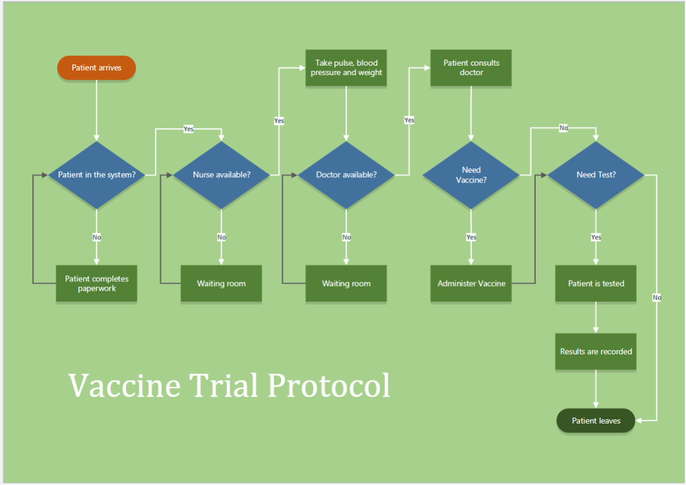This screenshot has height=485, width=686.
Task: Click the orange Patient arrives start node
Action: pos(96,68)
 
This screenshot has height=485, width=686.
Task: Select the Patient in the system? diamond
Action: pos(96,175)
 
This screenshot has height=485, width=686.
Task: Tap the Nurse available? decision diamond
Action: pos(221,175)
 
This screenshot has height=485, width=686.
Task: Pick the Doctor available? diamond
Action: pos(347,175)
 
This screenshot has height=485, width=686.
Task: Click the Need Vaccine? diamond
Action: pos(471,175)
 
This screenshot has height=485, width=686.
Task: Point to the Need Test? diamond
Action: pos(596,175)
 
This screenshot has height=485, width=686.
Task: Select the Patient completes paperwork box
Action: pos(96,284)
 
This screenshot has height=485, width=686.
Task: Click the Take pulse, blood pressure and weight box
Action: pos(347,68)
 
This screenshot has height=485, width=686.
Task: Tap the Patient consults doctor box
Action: pos(471,68)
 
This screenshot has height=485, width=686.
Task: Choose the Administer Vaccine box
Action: pos(471,284)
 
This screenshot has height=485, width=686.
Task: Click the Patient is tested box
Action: pos(596,284)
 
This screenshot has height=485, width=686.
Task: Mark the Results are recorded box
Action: pos(596,351)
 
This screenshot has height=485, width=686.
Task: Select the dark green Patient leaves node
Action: pos(596,421)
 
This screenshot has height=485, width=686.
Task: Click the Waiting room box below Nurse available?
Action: pos(221,284)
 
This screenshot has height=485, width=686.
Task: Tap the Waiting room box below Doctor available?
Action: pos(347,284)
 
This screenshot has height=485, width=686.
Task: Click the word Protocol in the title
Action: pos(329,386)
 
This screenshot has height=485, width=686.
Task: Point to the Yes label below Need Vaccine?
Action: pos(471,237)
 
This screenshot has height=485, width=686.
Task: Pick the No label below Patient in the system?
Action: pos(96,237)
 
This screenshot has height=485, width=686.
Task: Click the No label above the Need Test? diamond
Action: pos(564,128)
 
